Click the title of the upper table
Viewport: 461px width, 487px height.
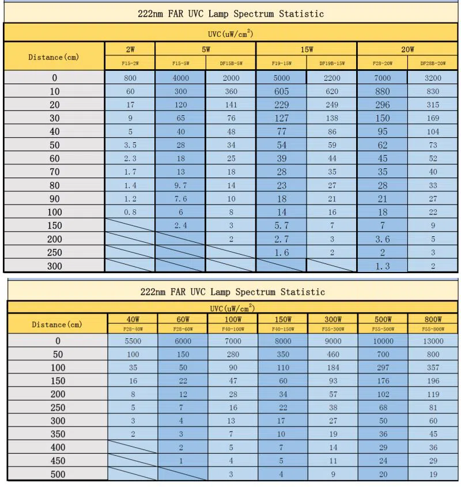click(231, 13)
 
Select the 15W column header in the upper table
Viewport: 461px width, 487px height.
click(307, 50)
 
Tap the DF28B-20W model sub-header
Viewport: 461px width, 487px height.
click(433, 63)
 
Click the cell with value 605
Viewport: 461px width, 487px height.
click(281, 91)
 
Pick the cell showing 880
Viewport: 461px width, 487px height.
click(382, 91)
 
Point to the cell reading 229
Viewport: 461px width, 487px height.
click(281, 105)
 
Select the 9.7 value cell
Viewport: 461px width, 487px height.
click(180, 186)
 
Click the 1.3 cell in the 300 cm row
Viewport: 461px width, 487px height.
click(382, 266)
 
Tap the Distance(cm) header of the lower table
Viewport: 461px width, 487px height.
click(56, 324)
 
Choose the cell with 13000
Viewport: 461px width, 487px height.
click(433, 341)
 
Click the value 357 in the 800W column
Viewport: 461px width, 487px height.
click(433, 367)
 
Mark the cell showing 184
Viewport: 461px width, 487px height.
click(332, 367)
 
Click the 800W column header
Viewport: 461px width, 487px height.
click(433, 319)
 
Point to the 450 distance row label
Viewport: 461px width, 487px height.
click(56, 460)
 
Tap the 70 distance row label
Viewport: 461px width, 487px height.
click(55, 172)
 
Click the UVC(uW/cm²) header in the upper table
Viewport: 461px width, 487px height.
click(231, 33)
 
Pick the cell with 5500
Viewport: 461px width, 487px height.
click(133, 341)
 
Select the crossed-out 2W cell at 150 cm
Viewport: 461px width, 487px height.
click(130, 225)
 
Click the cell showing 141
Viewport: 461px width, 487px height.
click(231, 105)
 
